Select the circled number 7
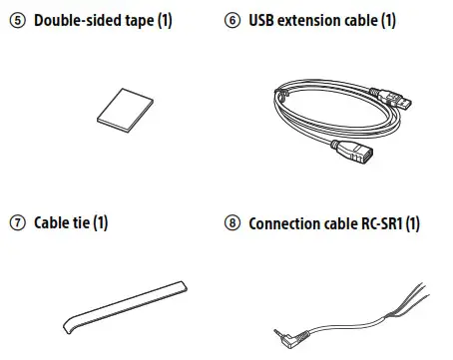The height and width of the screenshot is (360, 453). (15, 222)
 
